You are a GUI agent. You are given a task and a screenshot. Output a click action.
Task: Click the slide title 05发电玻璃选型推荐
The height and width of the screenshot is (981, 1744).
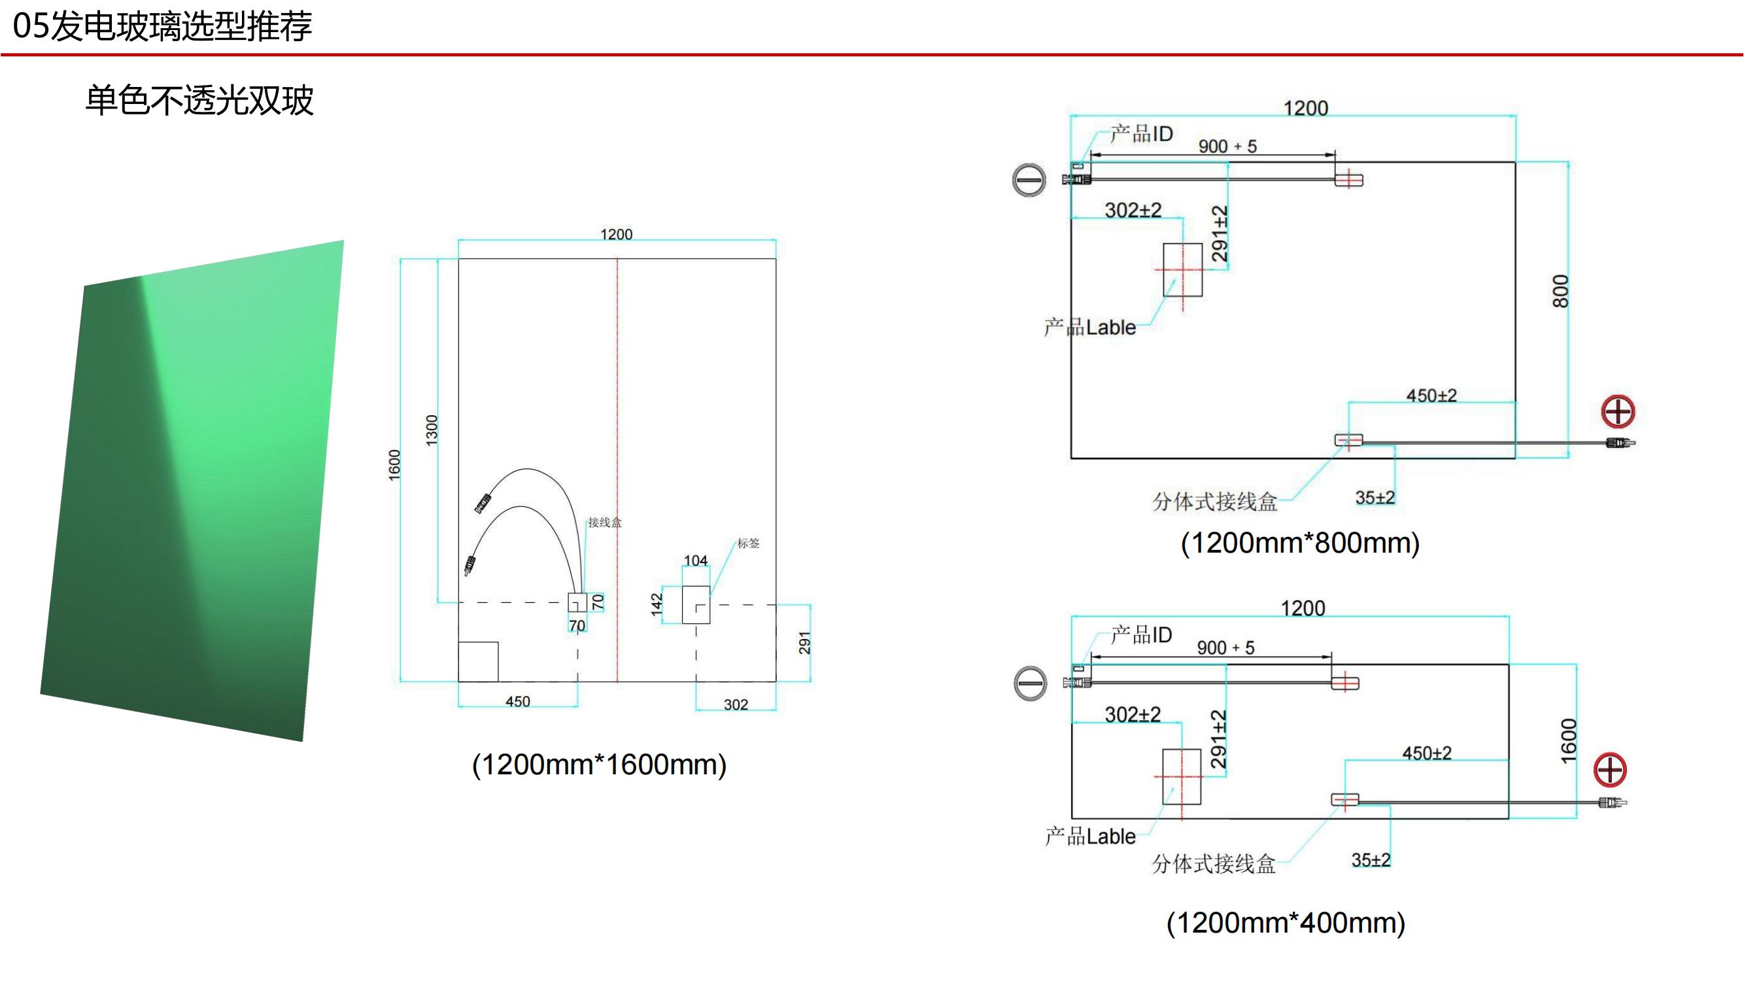point(162,26)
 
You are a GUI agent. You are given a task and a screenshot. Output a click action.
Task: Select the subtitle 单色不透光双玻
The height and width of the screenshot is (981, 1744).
point(199,101)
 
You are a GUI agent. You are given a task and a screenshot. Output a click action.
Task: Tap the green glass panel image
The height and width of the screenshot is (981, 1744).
point(192,491)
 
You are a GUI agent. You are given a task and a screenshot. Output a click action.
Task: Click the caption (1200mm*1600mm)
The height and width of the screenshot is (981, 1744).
point(599,765)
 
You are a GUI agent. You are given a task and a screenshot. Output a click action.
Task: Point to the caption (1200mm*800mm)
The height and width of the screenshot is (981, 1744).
point(1300,543)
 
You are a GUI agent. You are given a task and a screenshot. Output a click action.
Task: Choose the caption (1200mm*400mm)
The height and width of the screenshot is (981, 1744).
point(1286,923)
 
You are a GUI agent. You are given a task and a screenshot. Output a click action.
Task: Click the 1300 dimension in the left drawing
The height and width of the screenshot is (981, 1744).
point(432,430)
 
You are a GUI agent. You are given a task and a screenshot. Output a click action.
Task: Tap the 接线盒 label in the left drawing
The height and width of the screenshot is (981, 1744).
point(605,522)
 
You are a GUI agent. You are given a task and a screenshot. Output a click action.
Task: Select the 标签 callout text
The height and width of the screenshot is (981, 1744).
point(748,543)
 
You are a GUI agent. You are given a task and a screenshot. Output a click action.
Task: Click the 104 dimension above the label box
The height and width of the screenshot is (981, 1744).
point(695,560)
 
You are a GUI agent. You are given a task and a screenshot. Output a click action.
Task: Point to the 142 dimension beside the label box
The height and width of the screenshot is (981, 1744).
point(656,604)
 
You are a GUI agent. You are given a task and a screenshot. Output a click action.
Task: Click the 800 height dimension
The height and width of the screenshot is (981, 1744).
point(1560,291)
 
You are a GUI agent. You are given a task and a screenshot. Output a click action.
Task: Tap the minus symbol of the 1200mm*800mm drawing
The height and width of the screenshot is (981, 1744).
point(1029,180)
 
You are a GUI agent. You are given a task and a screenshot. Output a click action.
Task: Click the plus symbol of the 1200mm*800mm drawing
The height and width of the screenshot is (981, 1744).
point(1618,411)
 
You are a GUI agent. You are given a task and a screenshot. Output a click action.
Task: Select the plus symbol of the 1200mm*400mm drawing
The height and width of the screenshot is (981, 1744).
point(1610,770)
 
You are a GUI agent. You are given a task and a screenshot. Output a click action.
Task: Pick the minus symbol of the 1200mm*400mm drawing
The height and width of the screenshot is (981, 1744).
point(1031,683)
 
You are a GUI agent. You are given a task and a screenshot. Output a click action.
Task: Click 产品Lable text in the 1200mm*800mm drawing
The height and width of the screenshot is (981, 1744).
point(1090,328)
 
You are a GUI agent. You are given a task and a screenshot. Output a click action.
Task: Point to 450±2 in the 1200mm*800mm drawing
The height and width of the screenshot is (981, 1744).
point(1431,396)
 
